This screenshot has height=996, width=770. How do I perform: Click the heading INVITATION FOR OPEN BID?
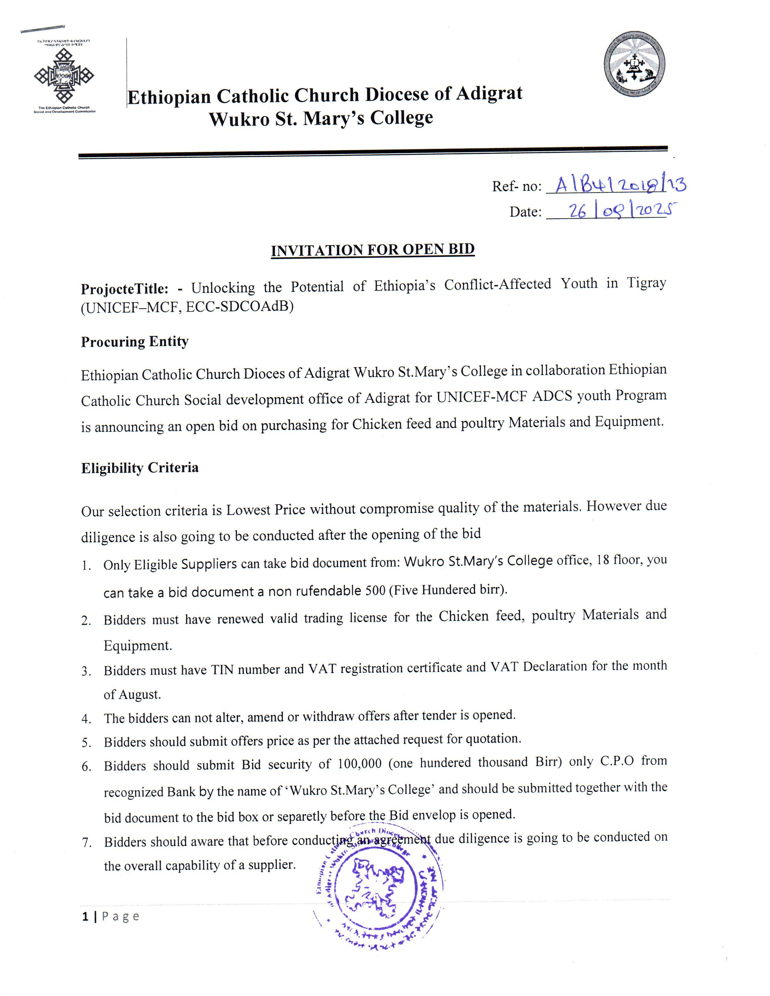click(x=373, y=250)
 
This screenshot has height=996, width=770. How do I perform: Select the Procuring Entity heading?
click(x=135, y=342)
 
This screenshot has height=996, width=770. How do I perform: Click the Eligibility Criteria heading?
click(x=140, y=468)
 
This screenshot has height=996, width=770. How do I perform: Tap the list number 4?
click(x=86, y=719)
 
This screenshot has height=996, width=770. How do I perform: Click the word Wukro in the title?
click(x=237, y=119)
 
